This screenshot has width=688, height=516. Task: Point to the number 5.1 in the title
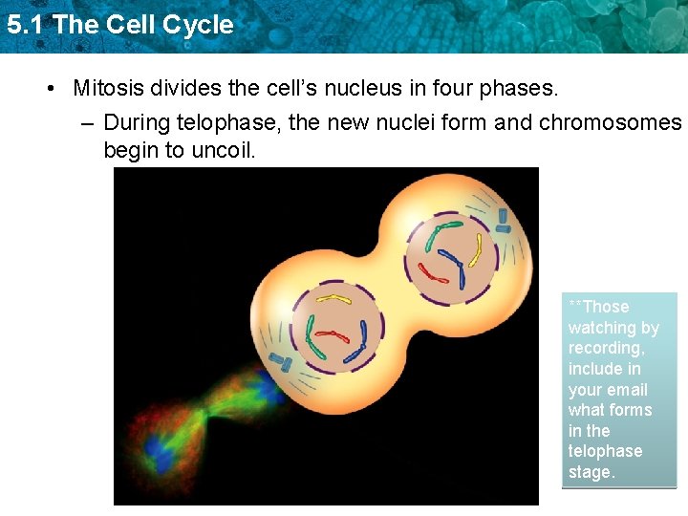pyautogui.click(x=25, y=25)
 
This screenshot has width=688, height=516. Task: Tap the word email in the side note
pyautogui.click(x=627, y=390)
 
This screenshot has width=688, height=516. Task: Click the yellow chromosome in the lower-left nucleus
pyautogui.click(x=333, y=299)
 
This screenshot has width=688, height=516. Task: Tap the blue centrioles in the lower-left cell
pyautogui.click(x=282, y=361)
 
